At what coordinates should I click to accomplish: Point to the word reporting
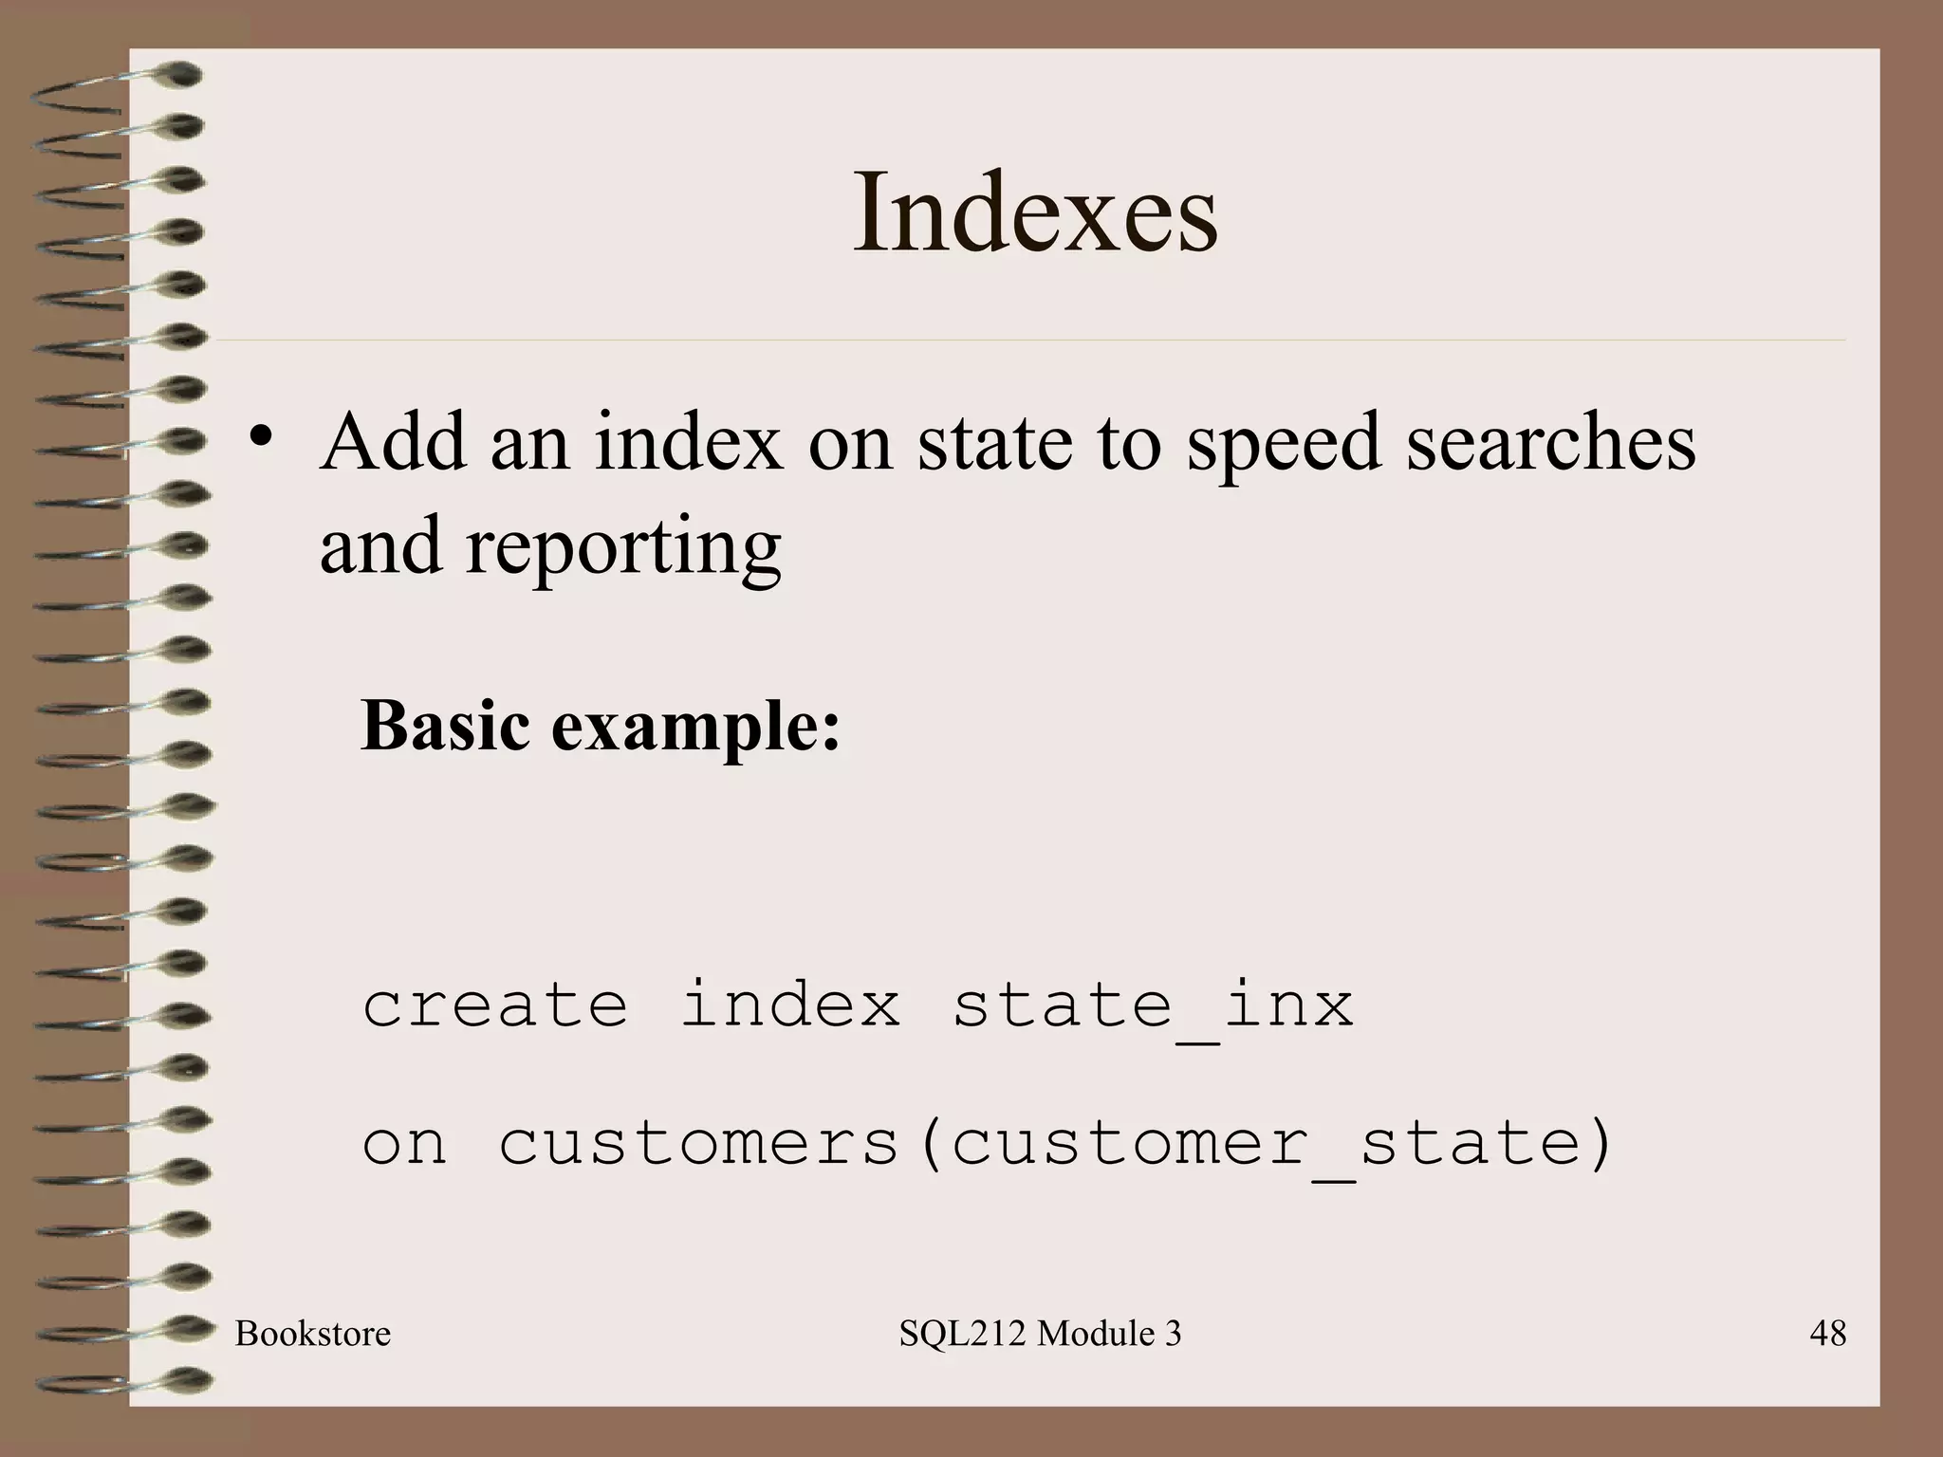[x=622, y=548]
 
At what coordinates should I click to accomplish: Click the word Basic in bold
[x=445, y=726]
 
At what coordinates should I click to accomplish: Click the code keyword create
[x=495, y=1005]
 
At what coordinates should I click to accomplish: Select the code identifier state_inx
[x=1153, y=1005]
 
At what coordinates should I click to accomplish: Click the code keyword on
[x=404, y=1144]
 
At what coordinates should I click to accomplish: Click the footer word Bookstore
[x=313, y=1335]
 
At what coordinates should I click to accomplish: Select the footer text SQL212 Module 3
[x=1040, y=1335]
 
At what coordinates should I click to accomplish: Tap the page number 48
[x=1827, y=1335]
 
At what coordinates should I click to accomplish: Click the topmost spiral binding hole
[x=180, y=73]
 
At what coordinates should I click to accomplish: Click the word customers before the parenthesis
[x=698, y=1144]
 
